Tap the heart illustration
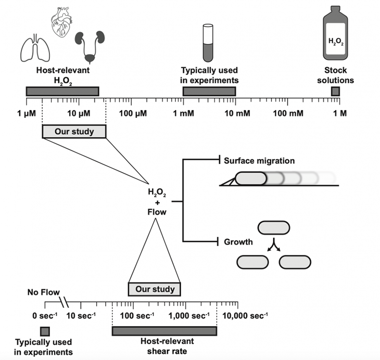pyautogui.click(x=62, y=22)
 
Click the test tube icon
pyautogui.click(x=208, y=43)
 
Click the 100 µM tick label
pyautogui.click(x=133, y=113)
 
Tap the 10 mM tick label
pyautogui.click(x=237, y=113)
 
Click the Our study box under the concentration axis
pyautogui.click(x=74, y=132)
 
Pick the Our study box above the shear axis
pyautogui.click(x=154, y=289)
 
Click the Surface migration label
pyautogui.click(x=259, y=161)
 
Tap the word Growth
pyautogui.click(x=238, y=242)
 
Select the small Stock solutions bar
pyautogui.click(x=336, y=92)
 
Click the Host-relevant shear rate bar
pyautogui.click(x=164, y=331)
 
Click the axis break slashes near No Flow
pyautogui.click(x=64, y=302)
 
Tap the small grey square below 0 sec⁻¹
pyautogui.click(x=45, y=331)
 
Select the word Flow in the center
pyautogui.click(x=157, y=212)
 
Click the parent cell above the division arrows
pyautogui.click(x=273, y=228)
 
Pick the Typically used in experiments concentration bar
pyautogui.click(x=209, y=91)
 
